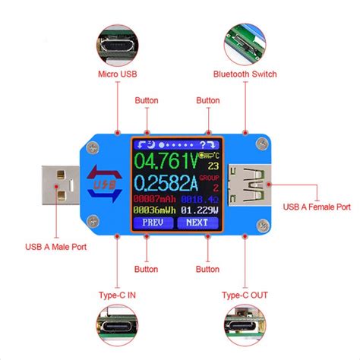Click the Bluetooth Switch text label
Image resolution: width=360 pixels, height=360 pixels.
246,74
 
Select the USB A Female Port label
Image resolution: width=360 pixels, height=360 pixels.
317,206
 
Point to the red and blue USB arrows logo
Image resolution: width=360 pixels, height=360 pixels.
103,184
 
